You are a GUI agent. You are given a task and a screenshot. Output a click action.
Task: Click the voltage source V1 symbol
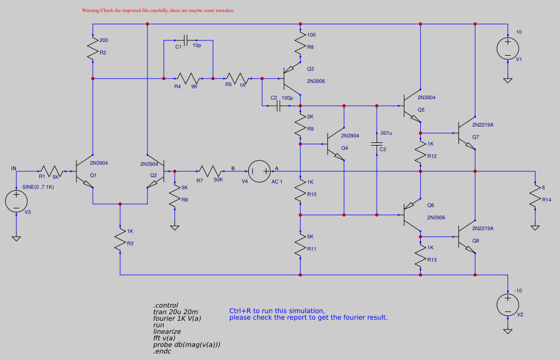coord(508,48)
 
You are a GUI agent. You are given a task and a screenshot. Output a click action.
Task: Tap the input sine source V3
coord(16,201)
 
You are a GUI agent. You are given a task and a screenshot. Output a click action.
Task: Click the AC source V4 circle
coord(259,171)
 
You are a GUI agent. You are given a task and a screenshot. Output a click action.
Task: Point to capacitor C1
coord(186,40)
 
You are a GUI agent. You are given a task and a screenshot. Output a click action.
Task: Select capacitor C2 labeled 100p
coord(279,106)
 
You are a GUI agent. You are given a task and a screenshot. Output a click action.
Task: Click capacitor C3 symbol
coord(377,144)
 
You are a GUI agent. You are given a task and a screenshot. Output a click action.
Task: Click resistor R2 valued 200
coord(93,49)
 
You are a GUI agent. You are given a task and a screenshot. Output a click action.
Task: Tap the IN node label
coord(14,169)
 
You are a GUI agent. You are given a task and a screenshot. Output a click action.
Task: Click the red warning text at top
coord(158,10)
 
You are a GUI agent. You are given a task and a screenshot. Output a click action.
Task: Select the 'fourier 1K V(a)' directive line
coord(177,319)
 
